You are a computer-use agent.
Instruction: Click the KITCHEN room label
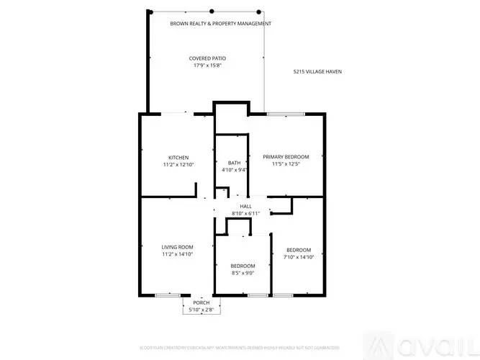pos(178,158)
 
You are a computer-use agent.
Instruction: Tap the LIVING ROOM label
pos(177,247)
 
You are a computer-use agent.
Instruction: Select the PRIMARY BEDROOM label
pos(286,157)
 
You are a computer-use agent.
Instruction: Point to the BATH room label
pos(235,163)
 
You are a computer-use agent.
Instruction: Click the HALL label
pos(245,207)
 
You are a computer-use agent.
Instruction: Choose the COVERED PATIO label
pos(206,58)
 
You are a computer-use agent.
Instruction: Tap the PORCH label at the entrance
pos(201,303)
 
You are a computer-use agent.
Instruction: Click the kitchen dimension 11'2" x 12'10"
pos(178,165)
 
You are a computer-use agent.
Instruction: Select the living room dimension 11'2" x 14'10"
pos(177,254)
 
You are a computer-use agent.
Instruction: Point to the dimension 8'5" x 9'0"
pos(243,273)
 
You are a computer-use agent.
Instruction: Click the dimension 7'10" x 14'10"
pos(299,257)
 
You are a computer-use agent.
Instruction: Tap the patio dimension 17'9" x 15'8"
pos(206,66)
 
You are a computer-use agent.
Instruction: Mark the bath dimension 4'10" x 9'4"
pos(235,170)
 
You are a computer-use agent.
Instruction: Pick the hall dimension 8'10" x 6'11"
pos(245,214)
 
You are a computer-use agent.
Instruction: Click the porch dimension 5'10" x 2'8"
pos(201,310)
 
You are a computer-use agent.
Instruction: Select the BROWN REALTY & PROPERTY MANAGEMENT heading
pos(221,24)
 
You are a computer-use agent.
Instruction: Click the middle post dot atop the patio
pos(212,11)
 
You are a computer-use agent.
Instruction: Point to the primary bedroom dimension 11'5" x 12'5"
pos(286,164)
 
